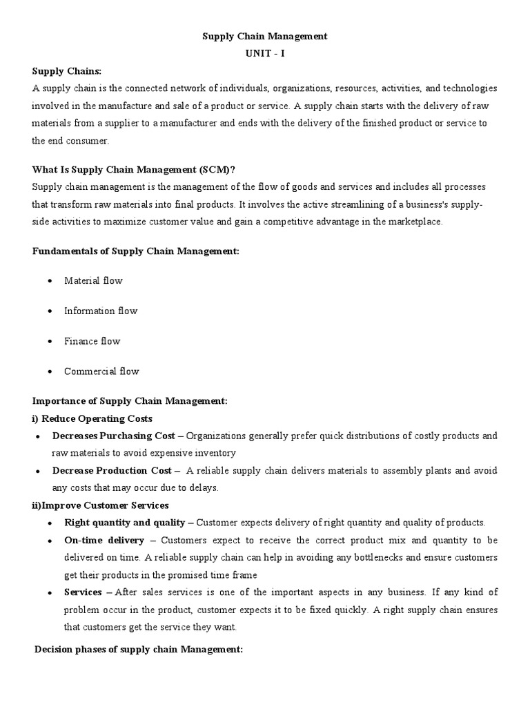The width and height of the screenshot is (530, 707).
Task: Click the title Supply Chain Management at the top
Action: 264,37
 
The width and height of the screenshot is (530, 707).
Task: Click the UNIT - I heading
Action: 264,54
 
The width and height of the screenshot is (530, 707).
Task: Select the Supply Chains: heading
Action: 66,71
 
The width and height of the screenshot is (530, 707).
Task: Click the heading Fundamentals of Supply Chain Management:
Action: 135,251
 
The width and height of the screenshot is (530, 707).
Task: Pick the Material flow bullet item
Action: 93,281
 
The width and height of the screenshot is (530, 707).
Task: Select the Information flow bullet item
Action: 101,311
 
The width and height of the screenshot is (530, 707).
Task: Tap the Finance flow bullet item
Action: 92,341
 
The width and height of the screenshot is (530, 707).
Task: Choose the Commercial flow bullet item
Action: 101,371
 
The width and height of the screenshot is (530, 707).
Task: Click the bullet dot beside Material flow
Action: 50,282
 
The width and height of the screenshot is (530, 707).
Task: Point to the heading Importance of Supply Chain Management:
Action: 130,401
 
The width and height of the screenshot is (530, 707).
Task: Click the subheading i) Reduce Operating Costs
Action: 92,418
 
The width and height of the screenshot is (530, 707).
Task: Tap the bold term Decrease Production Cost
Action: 112,471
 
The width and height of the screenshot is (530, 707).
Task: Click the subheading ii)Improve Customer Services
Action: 101,505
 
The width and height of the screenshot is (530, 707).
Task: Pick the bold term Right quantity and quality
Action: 124,523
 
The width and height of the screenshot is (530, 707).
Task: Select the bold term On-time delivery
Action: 104,540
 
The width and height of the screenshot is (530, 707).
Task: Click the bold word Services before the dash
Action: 83,592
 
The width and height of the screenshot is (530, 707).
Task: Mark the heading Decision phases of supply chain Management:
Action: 138,650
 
